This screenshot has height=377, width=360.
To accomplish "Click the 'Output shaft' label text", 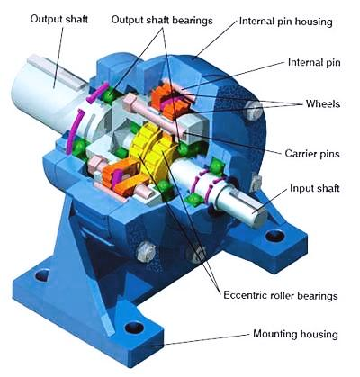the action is point(59,20).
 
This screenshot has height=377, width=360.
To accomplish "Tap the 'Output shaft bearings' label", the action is point(162,21).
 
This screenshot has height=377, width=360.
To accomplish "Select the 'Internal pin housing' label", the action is point(286,22).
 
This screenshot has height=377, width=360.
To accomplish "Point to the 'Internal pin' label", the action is point(314,62).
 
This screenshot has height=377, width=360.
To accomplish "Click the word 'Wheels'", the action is point(323,103).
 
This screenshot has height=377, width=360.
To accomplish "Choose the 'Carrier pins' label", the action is point(312,154).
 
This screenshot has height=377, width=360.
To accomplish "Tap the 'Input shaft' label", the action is point(315,188).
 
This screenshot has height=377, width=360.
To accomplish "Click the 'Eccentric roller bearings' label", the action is point(281,295).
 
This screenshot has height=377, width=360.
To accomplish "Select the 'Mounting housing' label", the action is point(295,334).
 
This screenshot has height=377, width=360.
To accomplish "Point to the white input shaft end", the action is point(240,200).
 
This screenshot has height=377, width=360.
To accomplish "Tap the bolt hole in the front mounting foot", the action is point(134,328).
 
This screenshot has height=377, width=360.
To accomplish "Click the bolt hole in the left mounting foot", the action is point(42,275).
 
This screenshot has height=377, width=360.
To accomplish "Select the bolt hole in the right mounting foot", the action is point(275,236).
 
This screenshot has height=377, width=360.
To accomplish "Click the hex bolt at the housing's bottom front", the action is point(147,251).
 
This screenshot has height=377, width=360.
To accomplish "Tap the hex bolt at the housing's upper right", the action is point(254,110).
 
